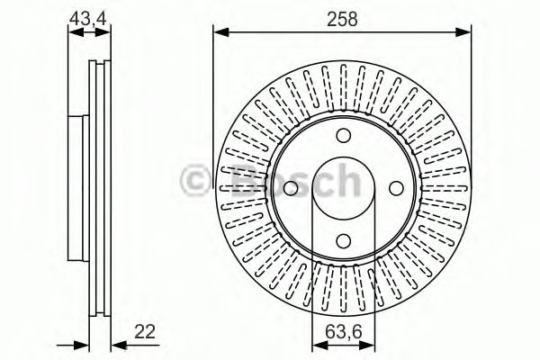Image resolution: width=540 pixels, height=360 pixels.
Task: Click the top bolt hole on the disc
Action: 342,135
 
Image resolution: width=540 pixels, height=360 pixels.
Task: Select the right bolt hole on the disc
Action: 396,189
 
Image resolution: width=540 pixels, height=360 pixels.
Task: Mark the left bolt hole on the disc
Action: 290,189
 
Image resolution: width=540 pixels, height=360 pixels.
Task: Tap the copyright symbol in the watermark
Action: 194,179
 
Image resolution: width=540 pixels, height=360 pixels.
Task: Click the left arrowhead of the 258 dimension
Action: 219,33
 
